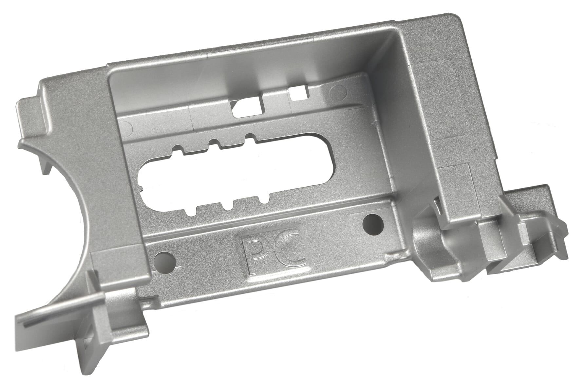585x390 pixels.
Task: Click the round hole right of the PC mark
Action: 373,225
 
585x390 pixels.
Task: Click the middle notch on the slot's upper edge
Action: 214,143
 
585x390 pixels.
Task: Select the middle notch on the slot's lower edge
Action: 226,206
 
